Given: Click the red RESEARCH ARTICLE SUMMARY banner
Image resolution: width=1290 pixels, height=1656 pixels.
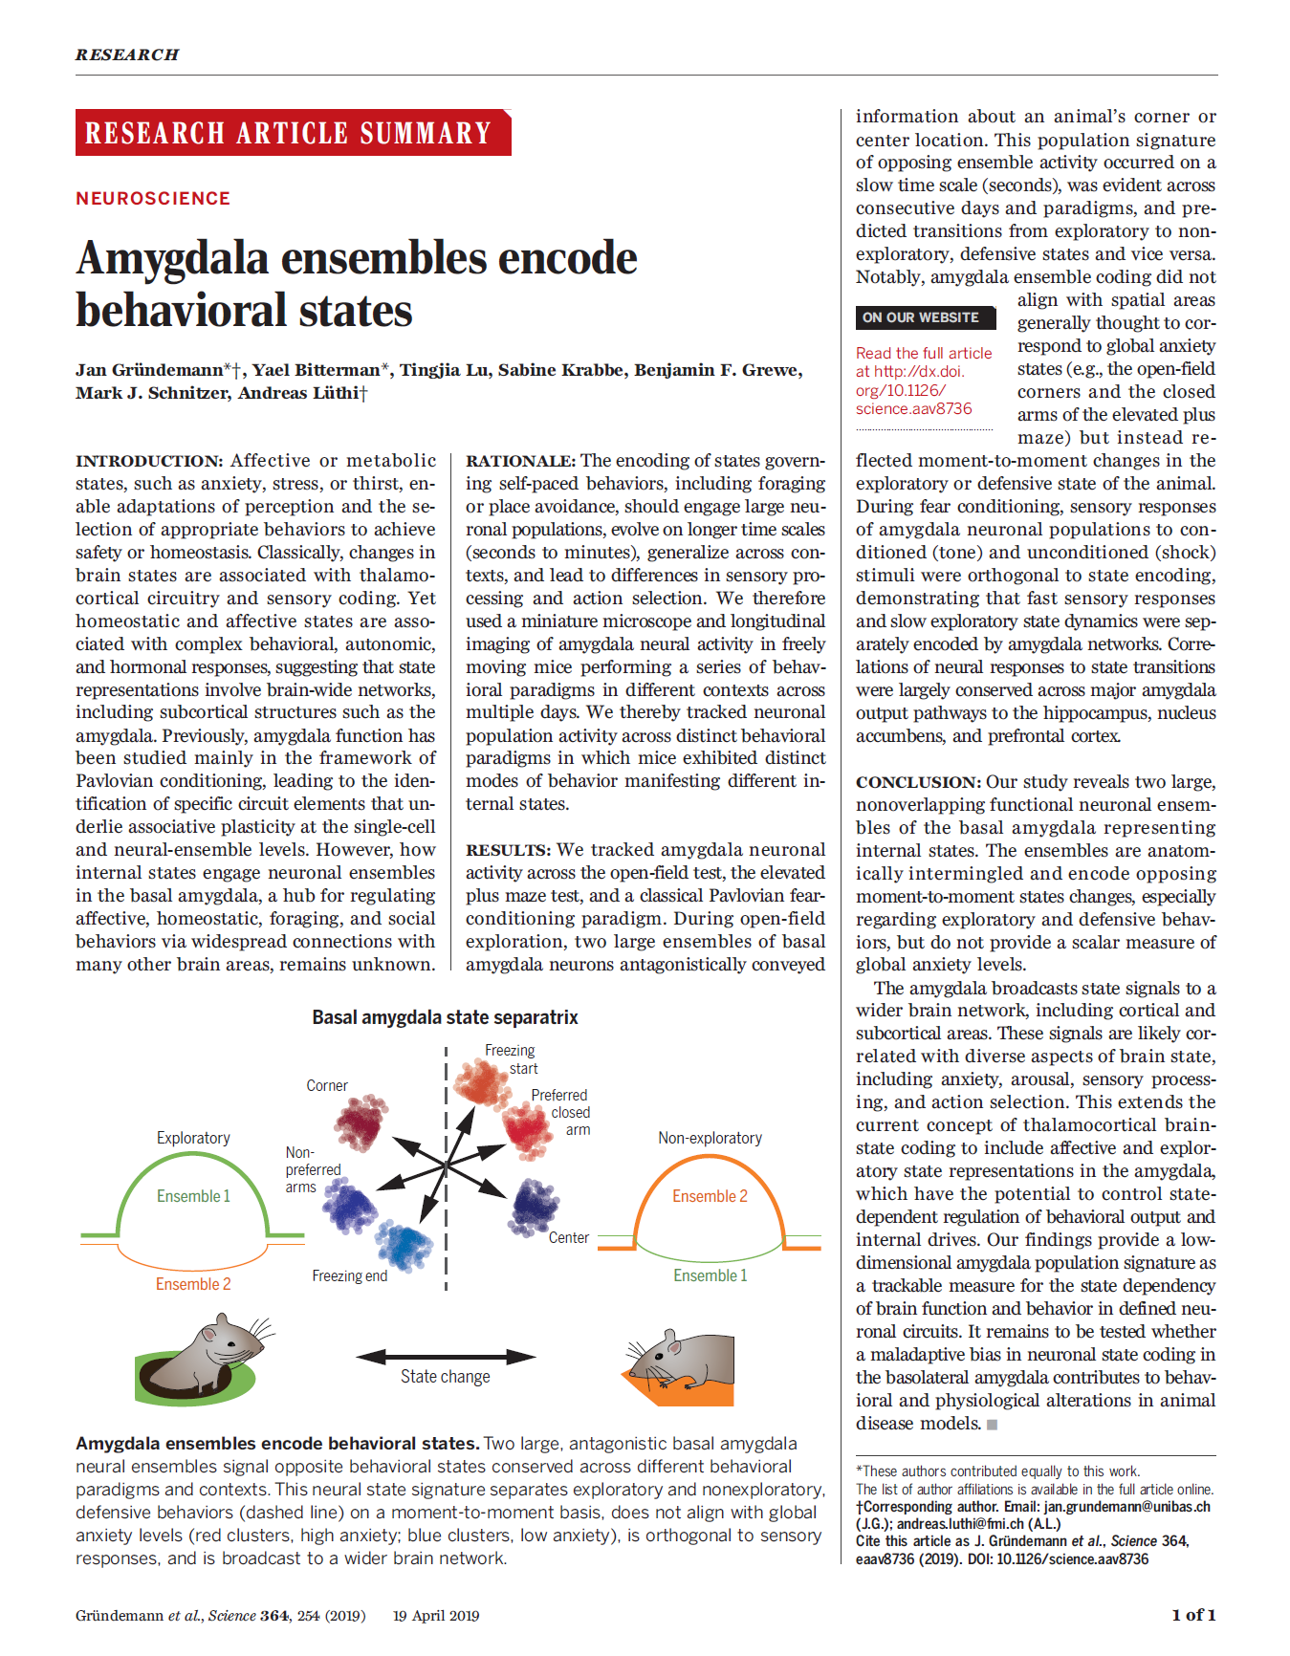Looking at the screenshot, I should [293, 133].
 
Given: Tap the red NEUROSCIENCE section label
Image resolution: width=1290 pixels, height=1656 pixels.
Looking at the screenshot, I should [153, 198].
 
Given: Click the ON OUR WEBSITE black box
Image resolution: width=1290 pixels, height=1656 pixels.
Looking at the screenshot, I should [924, 317].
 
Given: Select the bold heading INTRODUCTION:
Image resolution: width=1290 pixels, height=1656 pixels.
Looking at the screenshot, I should [149, 461].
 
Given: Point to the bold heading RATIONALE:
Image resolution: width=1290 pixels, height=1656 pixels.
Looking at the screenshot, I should [520, 461].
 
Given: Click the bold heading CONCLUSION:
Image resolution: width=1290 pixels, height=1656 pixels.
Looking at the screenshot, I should [918, 782].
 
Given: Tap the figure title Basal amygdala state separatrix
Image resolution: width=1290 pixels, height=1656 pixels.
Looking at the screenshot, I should [445, 1017].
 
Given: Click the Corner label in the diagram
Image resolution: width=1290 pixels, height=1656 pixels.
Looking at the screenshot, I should [327, 1085].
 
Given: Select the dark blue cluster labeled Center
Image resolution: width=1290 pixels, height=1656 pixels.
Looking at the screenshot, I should [535, 1207].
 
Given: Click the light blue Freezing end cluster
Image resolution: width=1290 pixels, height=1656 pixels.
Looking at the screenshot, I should [404, 1246].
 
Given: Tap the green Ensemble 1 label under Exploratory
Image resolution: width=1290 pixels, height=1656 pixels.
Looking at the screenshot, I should [193, 1196].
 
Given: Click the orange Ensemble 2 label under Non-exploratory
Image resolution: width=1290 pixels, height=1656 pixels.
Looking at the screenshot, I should [710, 1196].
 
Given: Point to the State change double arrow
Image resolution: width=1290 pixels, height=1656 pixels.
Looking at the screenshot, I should [446, 1356].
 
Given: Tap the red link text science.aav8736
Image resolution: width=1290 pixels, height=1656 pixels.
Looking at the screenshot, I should [913, 409].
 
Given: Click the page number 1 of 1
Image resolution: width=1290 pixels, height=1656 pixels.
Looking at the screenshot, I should [1193, 1615].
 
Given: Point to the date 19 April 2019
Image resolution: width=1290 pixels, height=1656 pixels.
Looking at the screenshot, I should [436, 1616].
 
